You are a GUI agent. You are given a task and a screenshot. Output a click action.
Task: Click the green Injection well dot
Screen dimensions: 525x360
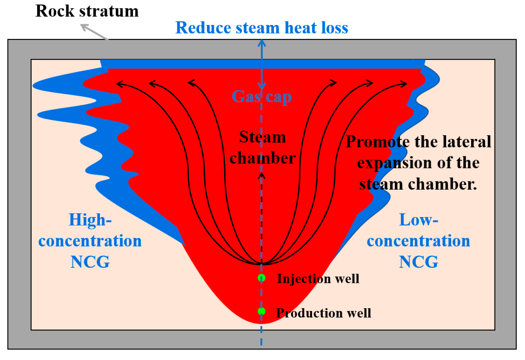coord(262,278)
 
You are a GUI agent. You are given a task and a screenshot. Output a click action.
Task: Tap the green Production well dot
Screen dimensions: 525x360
coord(262,311)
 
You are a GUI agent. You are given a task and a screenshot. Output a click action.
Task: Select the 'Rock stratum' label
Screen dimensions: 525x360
coord(87,11)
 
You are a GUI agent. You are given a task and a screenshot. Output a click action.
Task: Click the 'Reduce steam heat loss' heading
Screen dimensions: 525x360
coord(262,28)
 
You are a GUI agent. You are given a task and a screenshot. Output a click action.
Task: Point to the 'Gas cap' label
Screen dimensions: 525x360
coord(262,96)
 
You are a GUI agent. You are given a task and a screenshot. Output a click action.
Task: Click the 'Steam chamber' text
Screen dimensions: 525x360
coord(262,147)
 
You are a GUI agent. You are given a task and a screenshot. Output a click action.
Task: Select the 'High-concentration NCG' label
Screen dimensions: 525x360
coord(90,241)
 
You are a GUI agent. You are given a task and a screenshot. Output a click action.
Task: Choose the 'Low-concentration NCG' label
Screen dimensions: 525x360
coord(418,241)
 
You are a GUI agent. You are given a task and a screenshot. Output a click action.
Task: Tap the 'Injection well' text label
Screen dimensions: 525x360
coord(318,279)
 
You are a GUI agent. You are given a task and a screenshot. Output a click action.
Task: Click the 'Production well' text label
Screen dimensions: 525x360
coord(324,313)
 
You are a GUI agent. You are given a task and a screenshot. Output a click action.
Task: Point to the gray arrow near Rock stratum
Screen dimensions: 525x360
coord(94,31)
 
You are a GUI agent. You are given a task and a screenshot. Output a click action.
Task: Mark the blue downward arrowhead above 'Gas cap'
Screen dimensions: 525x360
coord(262,87)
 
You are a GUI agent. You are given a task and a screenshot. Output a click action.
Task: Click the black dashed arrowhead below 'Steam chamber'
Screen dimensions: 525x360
coord(262,175)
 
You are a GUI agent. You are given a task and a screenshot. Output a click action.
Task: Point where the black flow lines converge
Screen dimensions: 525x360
coord(262,264)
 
